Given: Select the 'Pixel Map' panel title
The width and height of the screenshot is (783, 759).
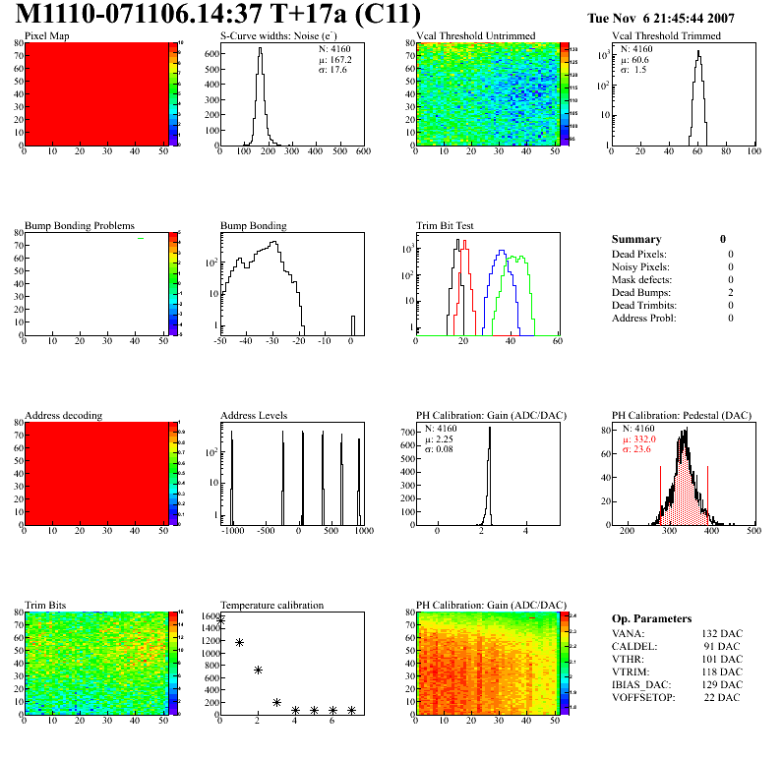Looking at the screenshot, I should pos(46,36).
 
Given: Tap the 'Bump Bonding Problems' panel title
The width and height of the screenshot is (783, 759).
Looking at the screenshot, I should pos(80,226).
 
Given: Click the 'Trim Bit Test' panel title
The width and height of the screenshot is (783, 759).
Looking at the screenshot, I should pos(446,226).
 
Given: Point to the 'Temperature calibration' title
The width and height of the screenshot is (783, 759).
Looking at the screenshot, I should pos(271,605).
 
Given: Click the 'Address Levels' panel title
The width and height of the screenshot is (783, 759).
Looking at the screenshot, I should pos(254,416).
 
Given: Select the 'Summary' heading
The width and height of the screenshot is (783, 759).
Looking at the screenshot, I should pos(636,239).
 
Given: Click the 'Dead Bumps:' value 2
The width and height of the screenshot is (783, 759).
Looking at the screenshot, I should pos(730,293).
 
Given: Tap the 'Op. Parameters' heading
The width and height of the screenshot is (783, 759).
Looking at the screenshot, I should pos(651,618).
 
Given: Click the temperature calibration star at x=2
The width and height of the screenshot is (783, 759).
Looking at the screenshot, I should pos(258,671).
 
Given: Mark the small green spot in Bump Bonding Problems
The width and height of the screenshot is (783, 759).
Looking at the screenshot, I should pos(141,238).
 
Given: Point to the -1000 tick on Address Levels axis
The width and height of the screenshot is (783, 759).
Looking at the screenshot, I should pos(232,531).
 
